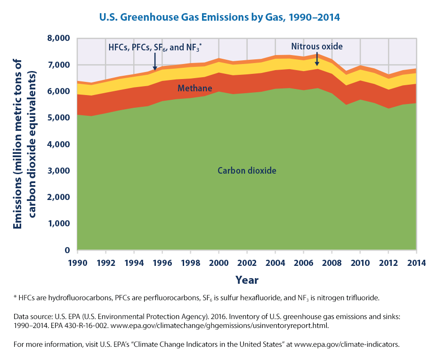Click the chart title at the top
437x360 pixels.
(x=219, y=17)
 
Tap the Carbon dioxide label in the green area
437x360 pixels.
(x=247, y=170)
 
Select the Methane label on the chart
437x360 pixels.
(x=194, y=88)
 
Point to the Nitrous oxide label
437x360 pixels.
(x=316, y=47)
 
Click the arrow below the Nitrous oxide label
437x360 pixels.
(x=316, y=60)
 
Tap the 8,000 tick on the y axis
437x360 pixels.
(x=60, y=38)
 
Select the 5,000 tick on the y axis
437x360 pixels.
(x=60, y=118)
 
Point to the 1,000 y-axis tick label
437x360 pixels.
(x=60, y=224)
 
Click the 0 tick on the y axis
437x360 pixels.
(x=67, y=250)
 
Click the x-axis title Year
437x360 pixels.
(x=247, y=280)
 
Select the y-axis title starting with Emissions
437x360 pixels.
(x=24, y=144)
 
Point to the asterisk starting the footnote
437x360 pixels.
(x=15, y=296)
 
